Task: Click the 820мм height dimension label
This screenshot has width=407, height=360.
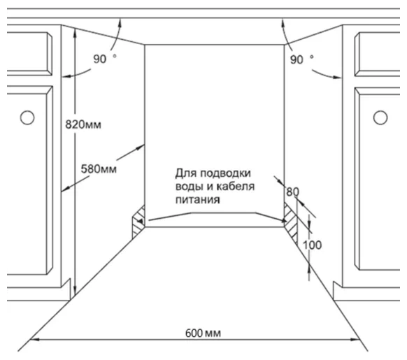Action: point(83,124)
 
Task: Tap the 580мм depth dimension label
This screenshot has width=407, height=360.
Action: point(99,169)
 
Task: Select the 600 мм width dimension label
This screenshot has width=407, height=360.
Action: point(203,333)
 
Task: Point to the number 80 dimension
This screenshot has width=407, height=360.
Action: point(292,192)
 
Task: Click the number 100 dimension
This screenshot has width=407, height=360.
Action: point(313,245)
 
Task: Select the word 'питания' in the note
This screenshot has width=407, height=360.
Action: point(198,200)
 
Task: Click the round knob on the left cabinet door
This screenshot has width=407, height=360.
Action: point(27,117)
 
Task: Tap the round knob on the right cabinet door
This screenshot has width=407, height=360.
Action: point(380,117)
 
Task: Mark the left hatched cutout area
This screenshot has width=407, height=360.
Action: point(138,222)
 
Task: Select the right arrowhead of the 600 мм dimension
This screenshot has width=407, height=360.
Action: point(355,339)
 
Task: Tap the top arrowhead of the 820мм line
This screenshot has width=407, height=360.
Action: point(75,32)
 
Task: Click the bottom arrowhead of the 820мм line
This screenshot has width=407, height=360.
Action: point(75,291)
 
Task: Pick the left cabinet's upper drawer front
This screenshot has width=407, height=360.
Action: point(29,54)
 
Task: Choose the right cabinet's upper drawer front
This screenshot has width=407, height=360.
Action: point(377,54)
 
